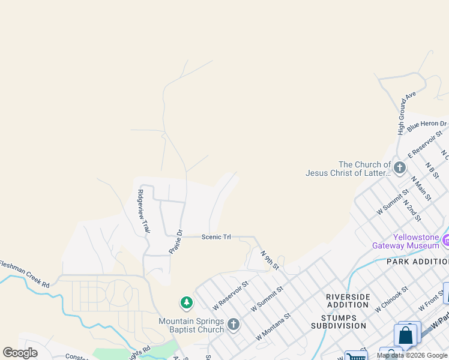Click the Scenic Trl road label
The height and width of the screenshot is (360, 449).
216,237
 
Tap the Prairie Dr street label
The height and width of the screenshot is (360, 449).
175,241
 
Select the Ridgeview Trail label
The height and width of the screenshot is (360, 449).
143,211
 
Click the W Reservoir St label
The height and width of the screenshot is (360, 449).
230,295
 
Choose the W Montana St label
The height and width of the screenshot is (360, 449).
273,326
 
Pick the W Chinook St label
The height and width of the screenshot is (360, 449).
391,299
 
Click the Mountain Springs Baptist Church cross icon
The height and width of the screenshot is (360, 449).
234,325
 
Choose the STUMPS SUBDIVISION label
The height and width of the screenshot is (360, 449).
339,322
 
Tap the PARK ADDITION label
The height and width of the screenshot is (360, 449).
417,262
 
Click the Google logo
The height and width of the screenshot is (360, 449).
20,353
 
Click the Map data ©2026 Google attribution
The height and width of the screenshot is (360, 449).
412,355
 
